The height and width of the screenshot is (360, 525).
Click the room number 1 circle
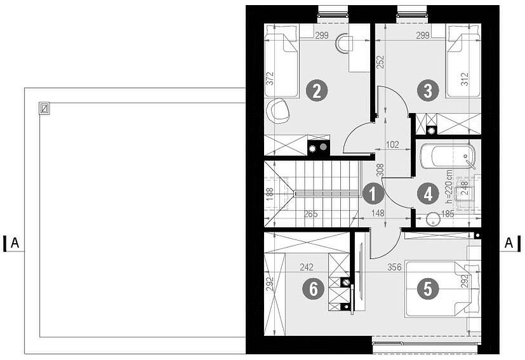[373, 194]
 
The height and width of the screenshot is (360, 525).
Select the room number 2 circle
[317, 91]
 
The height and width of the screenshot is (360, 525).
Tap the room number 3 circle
[428, 91]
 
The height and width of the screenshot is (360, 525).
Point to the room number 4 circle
[428, 194]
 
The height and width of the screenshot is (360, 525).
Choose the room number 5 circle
[428, 289]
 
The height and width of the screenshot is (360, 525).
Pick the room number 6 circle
[313, 289]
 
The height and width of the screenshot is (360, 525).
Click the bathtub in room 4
[448, 157]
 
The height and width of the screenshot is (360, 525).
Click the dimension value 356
[394, 267]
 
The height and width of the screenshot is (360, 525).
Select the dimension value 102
[392, 144]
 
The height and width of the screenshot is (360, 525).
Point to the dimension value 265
[310, 214]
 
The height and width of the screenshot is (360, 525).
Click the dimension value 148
[378, 213]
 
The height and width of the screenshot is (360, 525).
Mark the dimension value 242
[307, 267]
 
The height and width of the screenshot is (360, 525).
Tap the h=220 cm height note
[449, 187]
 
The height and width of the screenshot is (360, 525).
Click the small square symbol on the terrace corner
[44, 108]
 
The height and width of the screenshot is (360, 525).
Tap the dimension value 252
[381, 62]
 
